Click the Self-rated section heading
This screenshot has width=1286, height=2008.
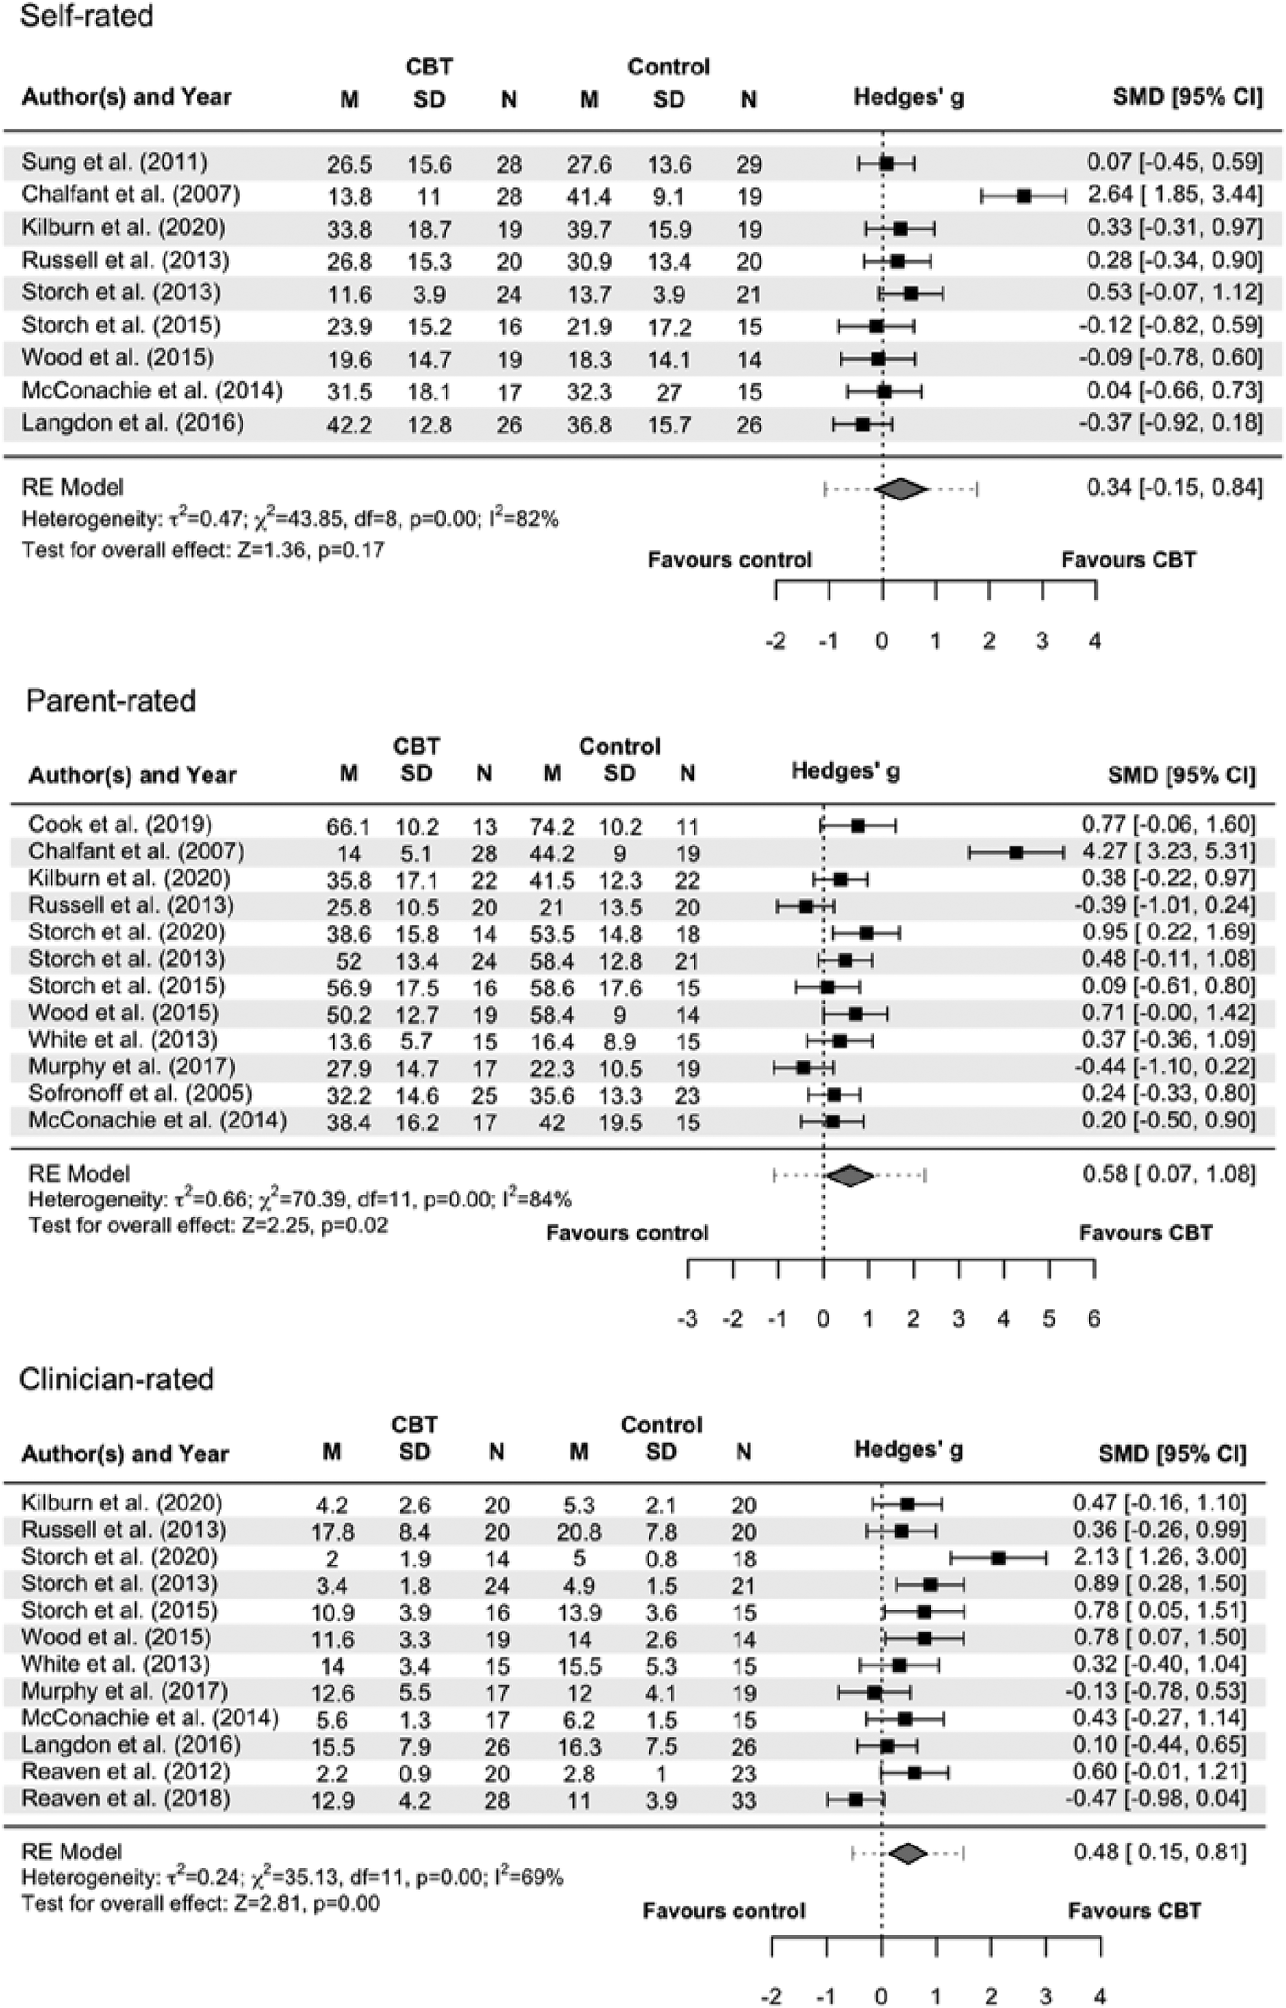click(86, 16)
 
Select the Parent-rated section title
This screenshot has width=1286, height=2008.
click(110, 701)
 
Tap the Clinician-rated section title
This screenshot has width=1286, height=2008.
click(117, 1378)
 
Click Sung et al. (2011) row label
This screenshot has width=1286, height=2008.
click(115, 163)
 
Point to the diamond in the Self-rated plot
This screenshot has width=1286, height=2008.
click(901, 489)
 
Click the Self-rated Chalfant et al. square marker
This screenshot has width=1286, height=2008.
click(1024, 196)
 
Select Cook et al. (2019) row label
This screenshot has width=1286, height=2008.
click(120, 824)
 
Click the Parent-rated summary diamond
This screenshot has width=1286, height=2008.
click(850, 1175)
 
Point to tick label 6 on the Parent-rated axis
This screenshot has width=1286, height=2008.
click(1094, 1319)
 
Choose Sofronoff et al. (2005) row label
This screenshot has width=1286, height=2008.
click(140, 1093)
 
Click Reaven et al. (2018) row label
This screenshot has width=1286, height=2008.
click(126, 1798)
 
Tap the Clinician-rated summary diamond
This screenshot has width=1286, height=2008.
click(908, 1854)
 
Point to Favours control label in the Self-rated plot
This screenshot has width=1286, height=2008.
click(729, 560)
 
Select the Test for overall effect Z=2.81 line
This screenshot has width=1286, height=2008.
click(200, 1903)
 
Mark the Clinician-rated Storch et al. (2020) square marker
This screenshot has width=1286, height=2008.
click(998, 1558)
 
